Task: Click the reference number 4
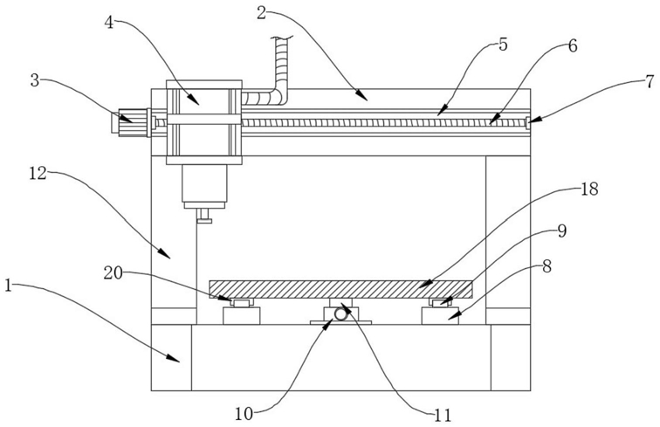pyautogui.click(x=109, y=23)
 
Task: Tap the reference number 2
pyautogui.click(x=261, y=12)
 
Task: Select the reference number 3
pyautogui.click(x=35, y=80)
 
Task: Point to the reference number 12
pyautogui.click(x=38, y=173)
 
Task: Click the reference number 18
pyautogui.click(x=589, y=189)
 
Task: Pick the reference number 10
pyautogui.click(x=244, y=414)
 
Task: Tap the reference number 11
pyautogui.click(x=443, y=415)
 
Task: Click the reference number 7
pyautogui.click(x=650, y=81)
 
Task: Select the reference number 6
pyautogui.click(x=573, y=46)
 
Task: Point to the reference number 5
pyautogui.click(x=503, y=45)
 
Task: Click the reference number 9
pyautogui.click(x=562, y=231)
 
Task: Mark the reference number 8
pyautogui.click(x=547, y=266)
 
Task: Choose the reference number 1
pyautogui.click(x=9, y=286)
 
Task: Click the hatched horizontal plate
pyautogui.click(x=341, y=289)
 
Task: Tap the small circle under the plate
pyautogui.click(x=340, y=313)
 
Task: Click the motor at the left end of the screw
pyautogui.click(x=131, y=122)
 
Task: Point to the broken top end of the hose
pyautogui.click(x=282, y=38)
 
